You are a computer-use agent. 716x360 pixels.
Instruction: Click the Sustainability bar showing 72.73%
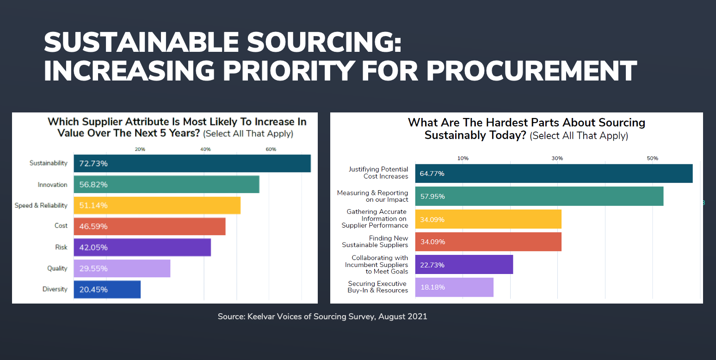click(192, 163)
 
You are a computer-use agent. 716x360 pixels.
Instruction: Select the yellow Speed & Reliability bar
click(157, 205)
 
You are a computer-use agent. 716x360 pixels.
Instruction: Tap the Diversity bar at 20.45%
click(107, 289)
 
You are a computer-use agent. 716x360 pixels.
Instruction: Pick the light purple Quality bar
click(122, 268)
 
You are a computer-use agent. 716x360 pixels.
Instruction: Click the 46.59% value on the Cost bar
click(93, 226)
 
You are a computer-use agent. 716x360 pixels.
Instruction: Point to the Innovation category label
click(52, 185)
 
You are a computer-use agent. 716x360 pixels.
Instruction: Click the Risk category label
click(61, 247)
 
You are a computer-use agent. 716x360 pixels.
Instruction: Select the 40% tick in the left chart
click(205, 149)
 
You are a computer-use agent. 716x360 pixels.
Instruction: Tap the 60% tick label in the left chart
click(271, 149)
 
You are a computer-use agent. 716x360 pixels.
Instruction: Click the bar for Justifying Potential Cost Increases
click(554, 174)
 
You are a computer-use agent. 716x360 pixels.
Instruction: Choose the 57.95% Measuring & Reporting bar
click(539, 196)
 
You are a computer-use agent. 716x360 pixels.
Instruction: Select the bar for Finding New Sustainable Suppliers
click(488, 242)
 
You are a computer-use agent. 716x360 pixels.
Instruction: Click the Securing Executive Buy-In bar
click(454, 287)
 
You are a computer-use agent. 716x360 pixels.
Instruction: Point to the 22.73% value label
click(432, 265)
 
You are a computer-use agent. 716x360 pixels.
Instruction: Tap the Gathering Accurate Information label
click(375, 218)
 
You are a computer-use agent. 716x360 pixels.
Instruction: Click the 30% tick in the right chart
click(557, 158)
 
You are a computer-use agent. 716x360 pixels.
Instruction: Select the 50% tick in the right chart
click(652, 158)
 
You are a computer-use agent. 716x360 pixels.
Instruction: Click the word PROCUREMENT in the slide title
click(531, 70)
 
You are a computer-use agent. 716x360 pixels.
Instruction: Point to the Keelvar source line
click(322, 317)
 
